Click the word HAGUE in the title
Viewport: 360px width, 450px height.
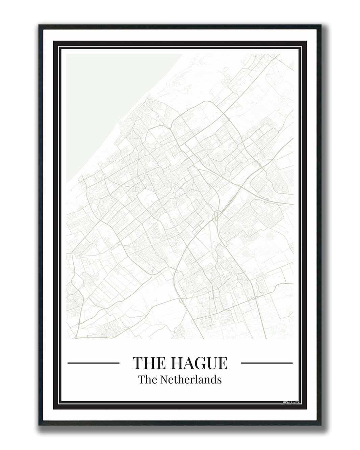coord(199,363)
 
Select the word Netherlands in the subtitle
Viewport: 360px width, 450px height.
coord(190,379)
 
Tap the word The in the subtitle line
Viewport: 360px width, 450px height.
coord(147,379)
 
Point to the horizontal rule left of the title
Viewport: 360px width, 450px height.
coord(94,363)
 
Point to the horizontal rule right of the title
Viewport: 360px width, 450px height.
coord(266,363)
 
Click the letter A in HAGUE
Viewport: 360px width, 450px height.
coord(190,363)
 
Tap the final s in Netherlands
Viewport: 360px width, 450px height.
coord(220,380)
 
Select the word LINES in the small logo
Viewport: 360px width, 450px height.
coord(294,402)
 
